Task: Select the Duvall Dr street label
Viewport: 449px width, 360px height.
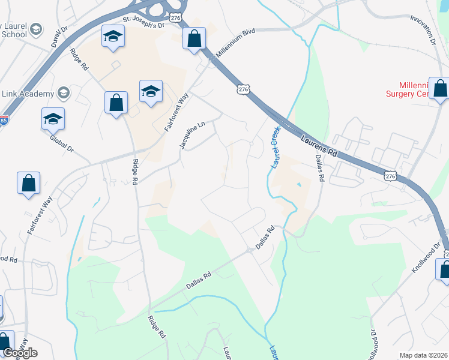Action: tap(58, 38)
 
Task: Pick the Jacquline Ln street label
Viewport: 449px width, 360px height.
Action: tap(193, 136)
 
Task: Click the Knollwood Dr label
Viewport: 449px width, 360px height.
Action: tap(427, 258)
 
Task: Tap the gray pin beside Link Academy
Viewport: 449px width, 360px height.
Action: tap(63, 93)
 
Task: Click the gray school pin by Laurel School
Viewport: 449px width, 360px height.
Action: tap(36, 29)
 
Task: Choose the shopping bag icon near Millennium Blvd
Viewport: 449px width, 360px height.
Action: tap(194, 40)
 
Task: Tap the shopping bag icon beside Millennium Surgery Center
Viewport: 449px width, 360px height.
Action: tap(440, 88)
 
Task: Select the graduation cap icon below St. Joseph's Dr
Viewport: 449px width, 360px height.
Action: tap(112, 38)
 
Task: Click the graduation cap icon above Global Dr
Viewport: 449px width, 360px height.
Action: tap(53, 119)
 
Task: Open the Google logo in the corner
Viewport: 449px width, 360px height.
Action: tap(20, 353)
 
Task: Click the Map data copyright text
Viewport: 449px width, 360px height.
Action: tap(423, 355)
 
